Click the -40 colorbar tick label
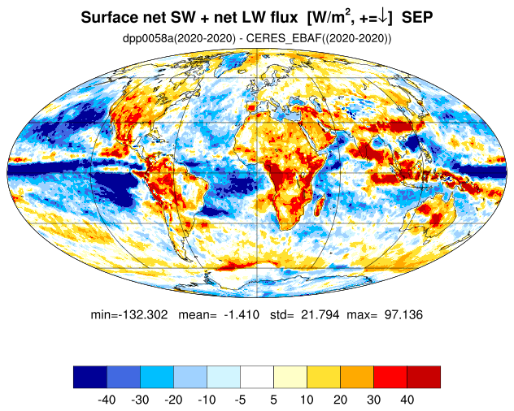(107, 400)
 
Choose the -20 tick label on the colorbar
(173, 400)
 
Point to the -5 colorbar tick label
(240, 400)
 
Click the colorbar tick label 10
(307, 400)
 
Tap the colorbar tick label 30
(373, 400)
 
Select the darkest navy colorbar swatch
(89, 377)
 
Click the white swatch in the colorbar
(257, 377)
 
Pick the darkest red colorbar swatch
(423, 377)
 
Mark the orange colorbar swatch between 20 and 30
(356, 377)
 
